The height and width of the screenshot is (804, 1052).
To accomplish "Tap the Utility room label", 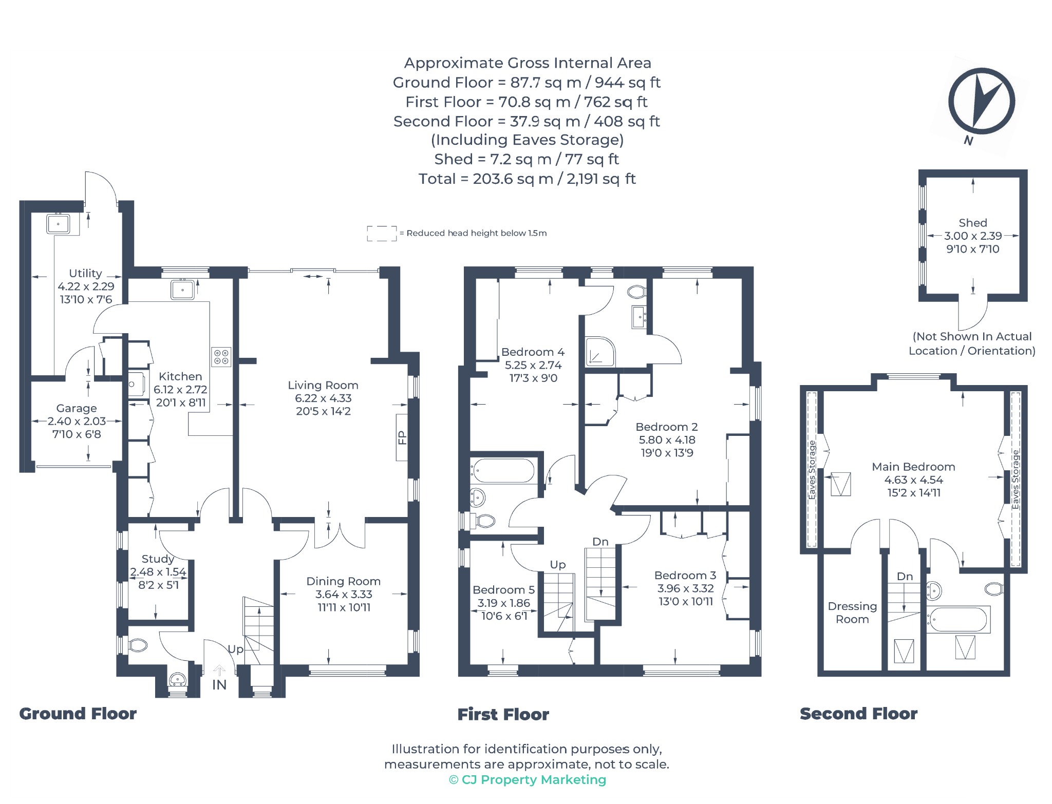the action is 85,273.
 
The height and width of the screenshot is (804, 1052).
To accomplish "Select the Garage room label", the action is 77,408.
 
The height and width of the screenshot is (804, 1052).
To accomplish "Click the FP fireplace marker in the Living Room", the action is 402,437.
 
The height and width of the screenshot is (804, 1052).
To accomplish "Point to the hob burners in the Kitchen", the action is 221,357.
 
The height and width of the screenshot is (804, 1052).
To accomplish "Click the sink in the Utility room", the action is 59,224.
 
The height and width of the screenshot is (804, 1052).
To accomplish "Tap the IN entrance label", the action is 219,685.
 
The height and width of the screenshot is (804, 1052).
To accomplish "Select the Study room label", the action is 158,559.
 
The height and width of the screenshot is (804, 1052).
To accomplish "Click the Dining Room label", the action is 344,581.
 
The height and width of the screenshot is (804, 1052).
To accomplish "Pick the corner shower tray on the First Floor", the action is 600,352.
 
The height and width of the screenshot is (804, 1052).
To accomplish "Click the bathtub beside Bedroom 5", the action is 504,471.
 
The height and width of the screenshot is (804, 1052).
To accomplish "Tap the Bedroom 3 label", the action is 685,576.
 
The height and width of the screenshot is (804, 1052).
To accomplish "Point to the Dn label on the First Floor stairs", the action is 600,542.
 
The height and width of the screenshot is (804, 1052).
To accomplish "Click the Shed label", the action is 973,223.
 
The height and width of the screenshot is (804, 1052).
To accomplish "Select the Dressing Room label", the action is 852,613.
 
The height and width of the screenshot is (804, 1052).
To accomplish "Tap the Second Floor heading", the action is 858,714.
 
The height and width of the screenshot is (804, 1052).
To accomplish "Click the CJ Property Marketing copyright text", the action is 528,780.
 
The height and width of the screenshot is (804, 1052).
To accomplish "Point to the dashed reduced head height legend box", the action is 382,234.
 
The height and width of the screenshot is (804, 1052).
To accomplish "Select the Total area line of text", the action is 527,179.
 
